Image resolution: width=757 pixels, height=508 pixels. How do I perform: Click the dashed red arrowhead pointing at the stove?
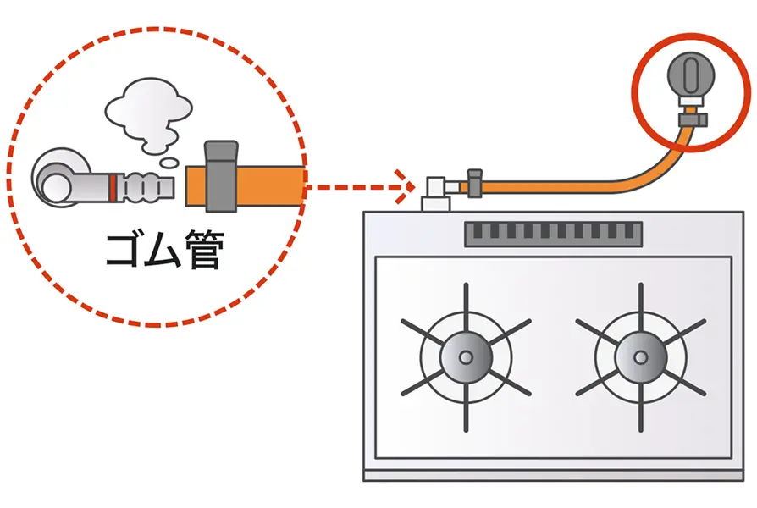405,185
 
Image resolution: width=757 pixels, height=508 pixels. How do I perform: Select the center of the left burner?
465,357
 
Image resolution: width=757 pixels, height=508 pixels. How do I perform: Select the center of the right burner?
640,357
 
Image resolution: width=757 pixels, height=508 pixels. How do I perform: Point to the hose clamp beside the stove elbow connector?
475,180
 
